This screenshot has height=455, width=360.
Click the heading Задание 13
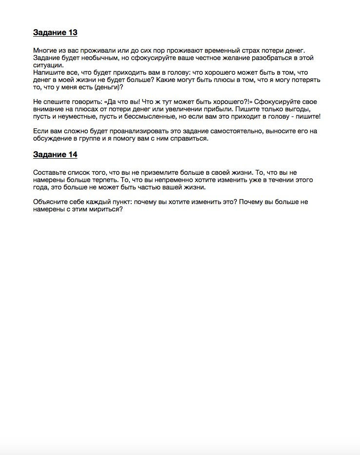coord(55,33)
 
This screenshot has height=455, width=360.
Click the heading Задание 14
coord(55,155)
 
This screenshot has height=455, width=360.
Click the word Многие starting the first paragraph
coord(45,50)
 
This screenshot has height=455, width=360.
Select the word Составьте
coord(50,172)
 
